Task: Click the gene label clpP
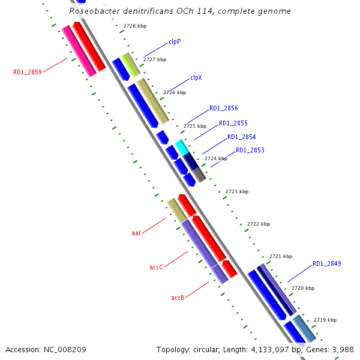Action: (174, 42)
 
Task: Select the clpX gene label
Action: (196, 78)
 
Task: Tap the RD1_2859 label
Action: (28, 73)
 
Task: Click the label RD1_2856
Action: (223, 109)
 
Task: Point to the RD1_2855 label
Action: (233, 123)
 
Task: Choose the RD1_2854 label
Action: (241, 137)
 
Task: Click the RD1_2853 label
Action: (250, 150)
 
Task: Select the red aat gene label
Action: (136, 233)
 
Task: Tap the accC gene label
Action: (157, 267)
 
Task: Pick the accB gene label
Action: (178, 298)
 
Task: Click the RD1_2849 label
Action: (326, 264)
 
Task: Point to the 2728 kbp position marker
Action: (134, 26)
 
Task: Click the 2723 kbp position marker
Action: (236, 192)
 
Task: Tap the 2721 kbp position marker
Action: (280, 256)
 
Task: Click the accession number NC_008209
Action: (68, 349)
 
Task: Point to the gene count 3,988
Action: (342, 349)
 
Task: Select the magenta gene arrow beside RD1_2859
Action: (79, 51)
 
